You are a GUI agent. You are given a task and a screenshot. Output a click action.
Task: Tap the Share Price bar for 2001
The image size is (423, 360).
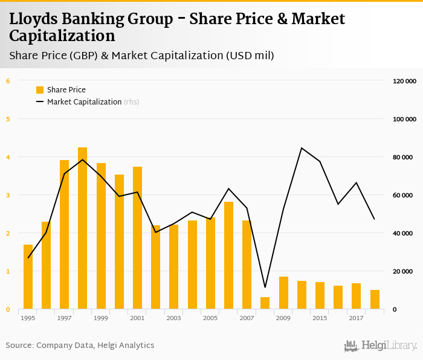[x=137, y=238]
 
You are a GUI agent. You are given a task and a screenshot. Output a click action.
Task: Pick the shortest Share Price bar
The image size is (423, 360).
[x=265, y=303]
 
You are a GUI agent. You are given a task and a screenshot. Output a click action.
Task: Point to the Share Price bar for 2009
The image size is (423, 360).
[x=283, y=293]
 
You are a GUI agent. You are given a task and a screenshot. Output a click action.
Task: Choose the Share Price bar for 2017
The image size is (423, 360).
[x=357, y=296]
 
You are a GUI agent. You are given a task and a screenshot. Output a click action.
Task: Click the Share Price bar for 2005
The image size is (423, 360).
[x=210, y=263]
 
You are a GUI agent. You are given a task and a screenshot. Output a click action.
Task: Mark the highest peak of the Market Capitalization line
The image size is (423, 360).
[x=302, y=148]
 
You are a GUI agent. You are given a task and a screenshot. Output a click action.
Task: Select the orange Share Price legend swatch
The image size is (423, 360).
[x=40, y=90]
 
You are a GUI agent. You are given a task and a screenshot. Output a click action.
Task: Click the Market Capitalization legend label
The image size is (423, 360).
[x=84, y=102]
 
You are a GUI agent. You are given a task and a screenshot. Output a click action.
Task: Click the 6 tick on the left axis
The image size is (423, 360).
[x=8, y=81]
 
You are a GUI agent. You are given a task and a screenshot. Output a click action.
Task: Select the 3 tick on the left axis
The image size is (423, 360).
[x=8, y=195]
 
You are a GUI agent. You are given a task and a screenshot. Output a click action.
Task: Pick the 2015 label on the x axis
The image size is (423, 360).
[x=320, y=318]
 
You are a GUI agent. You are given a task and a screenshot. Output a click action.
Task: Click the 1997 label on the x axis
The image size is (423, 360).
[x=64, y=318]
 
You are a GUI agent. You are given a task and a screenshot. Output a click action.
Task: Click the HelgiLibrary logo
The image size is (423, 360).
[x=380, y=346]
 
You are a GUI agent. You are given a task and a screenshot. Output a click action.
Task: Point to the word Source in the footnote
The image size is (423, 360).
[x=19, y=346]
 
